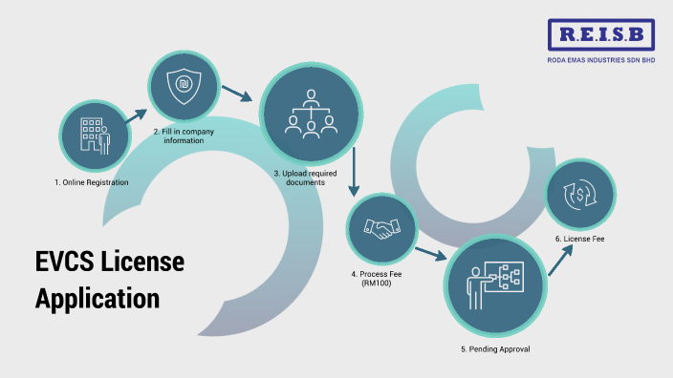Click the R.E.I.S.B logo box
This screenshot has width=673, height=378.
tap(602, 35)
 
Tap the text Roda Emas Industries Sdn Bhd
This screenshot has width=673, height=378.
tap(602, 60)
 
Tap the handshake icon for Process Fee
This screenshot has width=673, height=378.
tap(382, 230)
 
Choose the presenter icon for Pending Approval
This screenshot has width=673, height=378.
tap(494, 283)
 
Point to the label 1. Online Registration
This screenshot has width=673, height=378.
tap(91, 182)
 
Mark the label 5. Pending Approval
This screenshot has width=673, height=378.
tap(494, 349)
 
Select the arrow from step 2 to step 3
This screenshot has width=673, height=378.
tap(236, 93)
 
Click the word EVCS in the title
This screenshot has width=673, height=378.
tap(69, 261)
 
